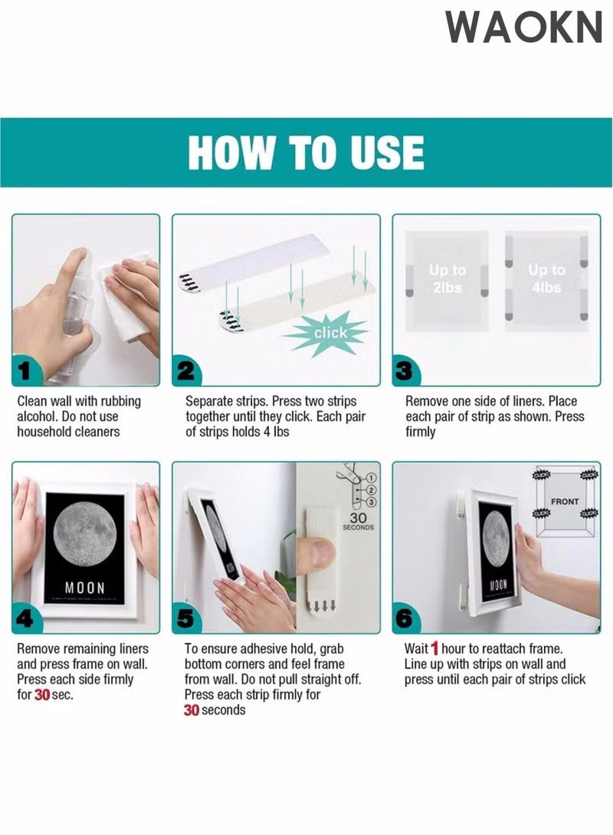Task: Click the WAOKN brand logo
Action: (524, 27)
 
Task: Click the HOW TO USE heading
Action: (306, 152)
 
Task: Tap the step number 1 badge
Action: (26, 372)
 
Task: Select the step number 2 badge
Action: (187, 372)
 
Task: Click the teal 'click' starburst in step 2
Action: (329, 333)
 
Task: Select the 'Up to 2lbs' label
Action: (447, 279)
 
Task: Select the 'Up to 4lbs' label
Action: (546, 279)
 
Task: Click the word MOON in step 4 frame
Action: (84, 587)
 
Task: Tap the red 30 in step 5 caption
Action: (192, 710)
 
